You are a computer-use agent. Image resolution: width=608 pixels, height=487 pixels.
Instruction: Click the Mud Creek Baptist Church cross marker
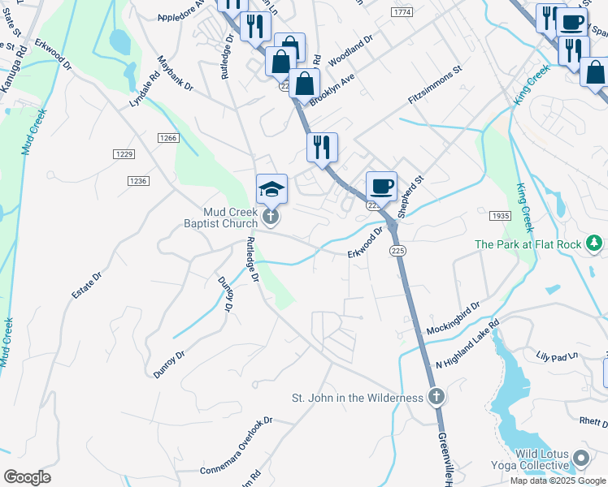271,218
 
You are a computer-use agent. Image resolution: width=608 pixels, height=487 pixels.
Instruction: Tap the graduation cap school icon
271,189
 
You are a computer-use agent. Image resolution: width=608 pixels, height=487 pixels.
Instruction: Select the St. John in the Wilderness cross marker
436,397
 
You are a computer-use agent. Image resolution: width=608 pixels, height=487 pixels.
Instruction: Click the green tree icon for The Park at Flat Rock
596,243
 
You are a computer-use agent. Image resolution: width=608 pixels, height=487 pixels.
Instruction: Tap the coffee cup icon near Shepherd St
381,187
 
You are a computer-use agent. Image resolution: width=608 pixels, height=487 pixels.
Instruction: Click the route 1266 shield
168,138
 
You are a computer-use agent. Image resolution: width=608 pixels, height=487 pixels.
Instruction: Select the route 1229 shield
124,153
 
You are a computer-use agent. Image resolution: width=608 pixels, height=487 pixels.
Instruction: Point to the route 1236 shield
137,180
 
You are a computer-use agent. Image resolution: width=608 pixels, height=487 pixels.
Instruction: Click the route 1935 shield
499,216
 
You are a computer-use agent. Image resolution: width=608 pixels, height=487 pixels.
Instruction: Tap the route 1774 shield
401,12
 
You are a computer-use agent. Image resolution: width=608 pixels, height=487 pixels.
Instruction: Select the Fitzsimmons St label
434,85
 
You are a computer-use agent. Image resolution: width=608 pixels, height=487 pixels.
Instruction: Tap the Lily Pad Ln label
556,356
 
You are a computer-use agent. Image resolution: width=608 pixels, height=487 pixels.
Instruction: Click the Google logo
27,477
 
